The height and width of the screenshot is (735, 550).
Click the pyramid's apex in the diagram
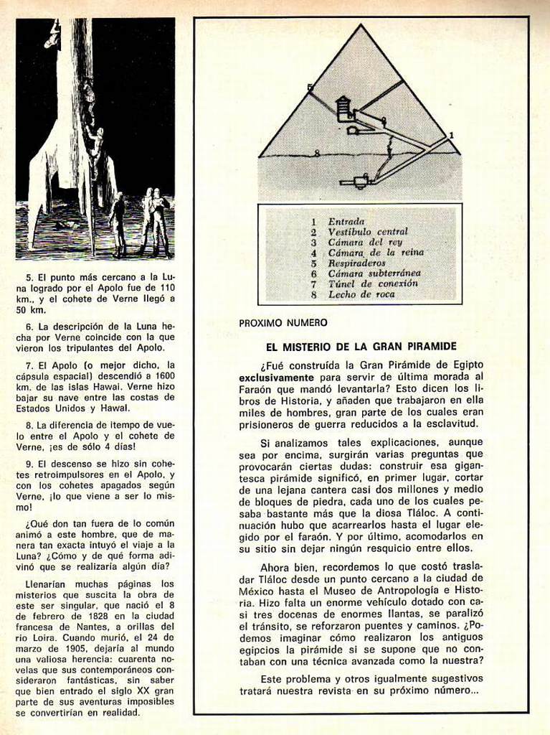[358, 26]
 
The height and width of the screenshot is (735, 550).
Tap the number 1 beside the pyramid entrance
[451, 135]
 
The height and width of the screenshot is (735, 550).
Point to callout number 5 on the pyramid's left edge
[310, 88]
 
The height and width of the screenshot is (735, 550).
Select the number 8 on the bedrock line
[316, 153]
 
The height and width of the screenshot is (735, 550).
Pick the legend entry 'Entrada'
[346, 222]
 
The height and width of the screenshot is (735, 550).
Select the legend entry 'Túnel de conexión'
[373, 284]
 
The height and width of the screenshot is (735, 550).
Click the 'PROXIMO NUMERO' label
[283, 323]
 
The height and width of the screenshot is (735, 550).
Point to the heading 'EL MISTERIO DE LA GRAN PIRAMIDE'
[361, 346]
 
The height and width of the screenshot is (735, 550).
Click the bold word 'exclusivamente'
[276, 376]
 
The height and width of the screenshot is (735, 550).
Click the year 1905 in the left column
[64, 650]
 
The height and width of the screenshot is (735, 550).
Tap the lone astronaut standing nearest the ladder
[118, 223]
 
